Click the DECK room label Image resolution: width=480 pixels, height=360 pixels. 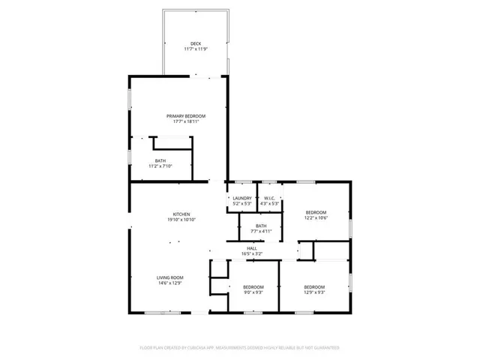point(195,43)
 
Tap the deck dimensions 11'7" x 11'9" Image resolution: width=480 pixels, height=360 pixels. point(195,49)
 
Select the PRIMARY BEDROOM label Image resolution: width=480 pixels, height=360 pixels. point(186,115)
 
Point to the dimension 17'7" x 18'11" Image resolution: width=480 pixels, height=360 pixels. point(186,121)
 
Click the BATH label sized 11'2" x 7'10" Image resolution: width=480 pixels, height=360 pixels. point(160,160)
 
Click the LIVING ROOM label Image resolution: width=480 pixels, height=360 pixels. point(169,277)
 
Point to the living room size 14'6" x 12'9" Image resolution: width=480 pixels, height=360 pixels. point(169,283)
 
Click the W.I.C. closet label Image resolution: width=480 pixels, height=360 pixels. point(268,198)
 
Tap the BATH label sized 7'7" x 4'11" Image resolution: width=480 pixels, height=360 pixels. point(261,226)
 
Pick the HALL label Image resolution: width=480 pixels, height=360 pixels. point(252,247)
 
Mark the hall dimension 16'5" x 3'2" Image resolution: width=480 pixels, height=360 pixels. point(252,253)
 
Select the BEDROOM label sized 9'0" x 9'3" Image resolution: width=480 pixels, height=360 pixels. point(253,287)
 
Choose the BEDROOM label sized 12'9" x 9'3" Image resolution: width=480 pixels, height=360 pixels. point(314,287)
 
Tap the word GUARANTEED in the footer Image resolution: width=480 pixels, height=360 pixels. point(325,348)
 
